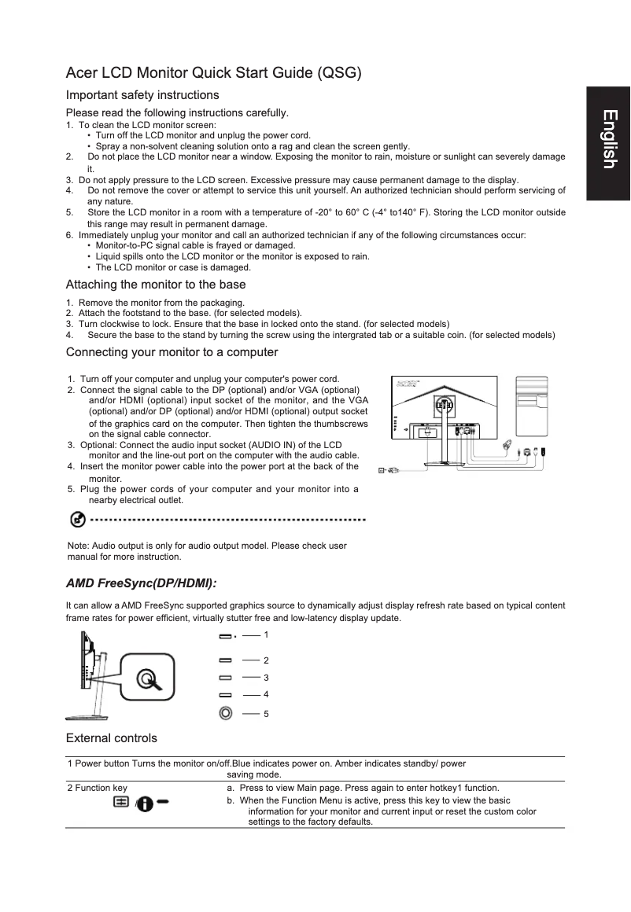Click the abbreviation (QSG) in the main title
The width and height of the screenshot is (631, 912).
[340, 75]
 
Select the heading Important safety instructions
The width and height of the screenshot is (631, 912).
[142, 95]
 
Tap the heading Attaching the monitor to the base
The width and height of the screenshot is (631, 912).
[156, 285]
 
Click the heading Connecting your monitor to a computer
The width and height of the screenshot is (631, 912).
[172, 351]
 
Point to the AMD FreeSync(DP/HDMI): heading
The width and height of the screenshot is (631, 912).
[141, 583]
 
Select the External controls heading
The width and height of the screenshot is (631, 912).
[111, 737]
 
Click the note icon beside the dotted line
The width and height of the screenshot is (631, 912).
[78, 520]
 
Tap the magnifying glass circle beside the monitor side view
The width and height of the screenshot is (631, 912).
[146, 678]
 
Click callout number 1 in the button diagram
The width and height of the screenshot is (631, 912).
[267, 634]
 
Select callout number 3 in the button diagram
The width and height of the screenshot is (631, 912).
[267, 677]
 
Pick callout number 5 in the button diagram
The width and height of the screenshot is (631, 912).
[267, 714]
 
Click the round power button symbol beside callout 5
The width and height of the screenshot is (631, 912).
[226, 713]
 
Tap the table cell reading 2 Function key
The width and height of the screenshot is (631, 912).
[98, 787]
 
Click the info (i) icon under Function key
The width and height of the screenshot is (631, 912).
[145, 804]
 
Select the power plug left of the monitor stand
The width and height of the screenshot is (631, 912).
[389, 470]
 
